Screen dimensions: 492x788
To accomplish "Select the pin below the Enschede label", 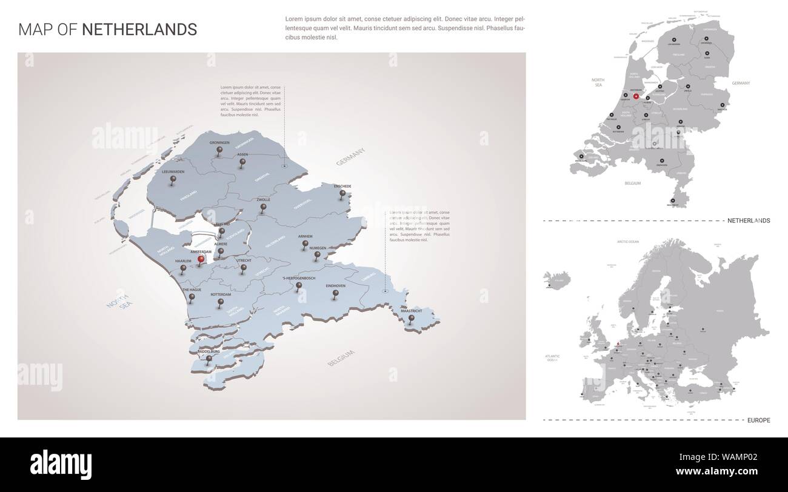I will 342,194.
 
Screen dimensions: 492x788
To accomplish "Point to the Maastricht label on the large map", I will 412,311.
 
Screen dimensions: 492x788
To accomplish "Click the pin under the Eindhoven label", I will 335,294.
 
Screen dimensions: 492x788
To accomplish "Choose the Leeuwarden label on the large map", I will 173,172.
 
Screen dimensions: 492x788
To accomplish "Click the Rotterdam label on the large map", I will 221,294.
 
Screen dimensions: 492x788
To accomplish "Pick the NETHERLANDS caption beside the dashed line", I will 748,221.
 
